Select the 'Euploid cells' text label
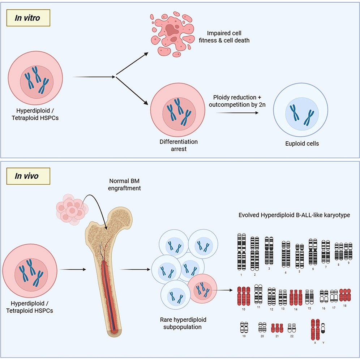pos(302,143)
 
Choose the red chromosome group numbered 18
pos(345,295)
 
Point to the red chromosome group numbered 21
pos(277,328)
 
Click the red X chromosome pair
pos(315,329)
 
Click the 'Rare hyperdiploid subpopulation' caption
pos(181,323)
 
